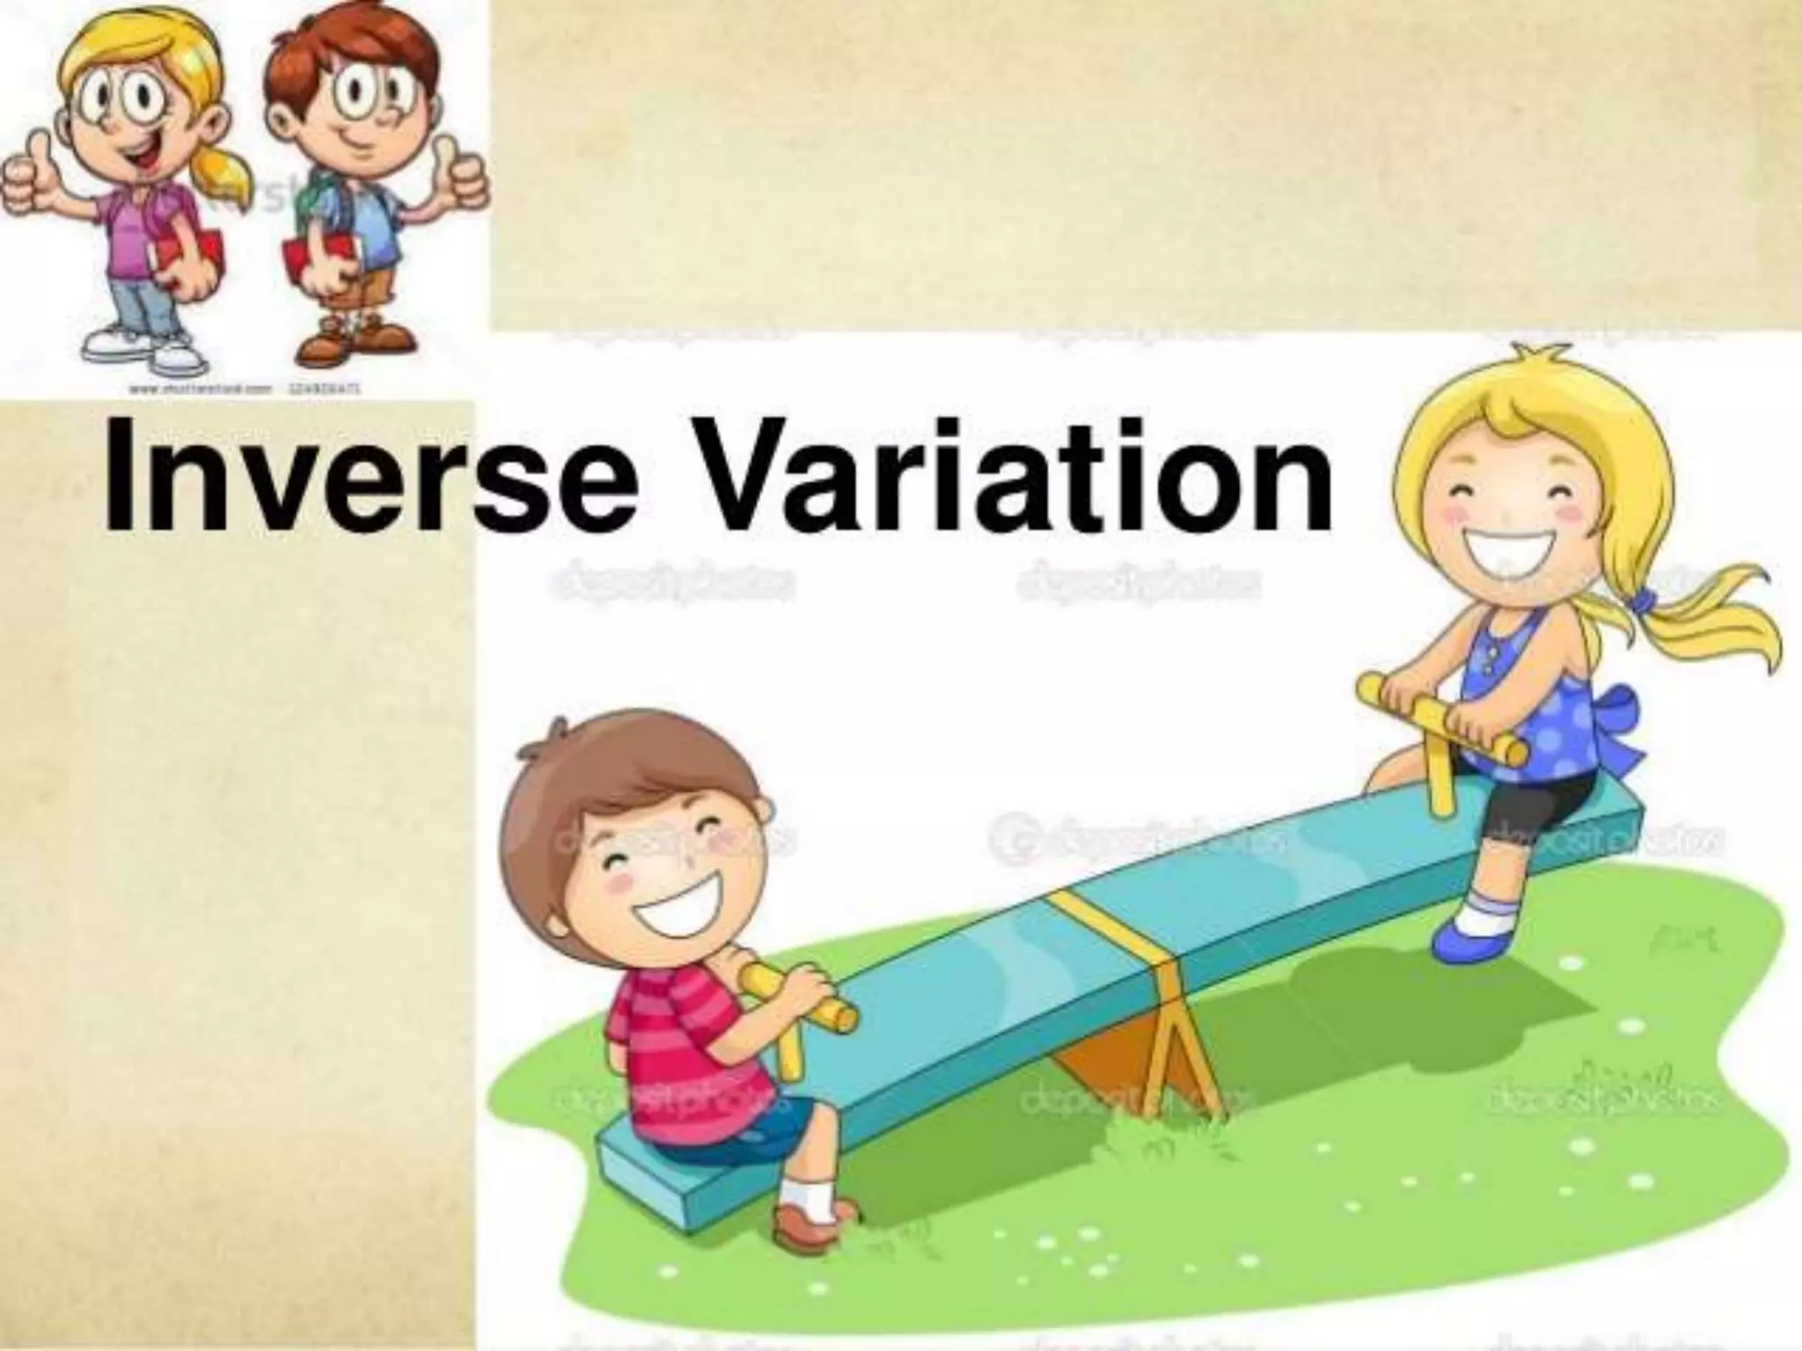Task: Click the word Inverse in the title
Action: (x=370, y=479)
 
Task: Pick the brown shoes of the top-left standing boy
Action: (x=352, y=343)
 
